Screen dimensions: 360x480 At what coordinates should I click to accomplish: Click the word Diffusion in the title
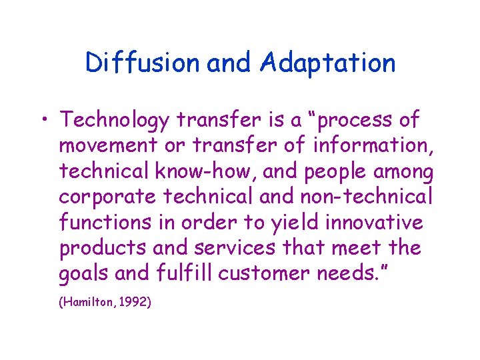[142, 63]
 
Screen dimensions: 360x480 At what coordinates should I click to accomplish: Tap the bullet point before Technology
[45, 121]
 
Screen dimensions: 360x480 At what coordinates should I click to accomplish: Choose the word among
[403, 172]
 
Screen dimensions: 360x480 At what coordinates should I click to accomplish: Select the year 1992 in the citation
[133, 303]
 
